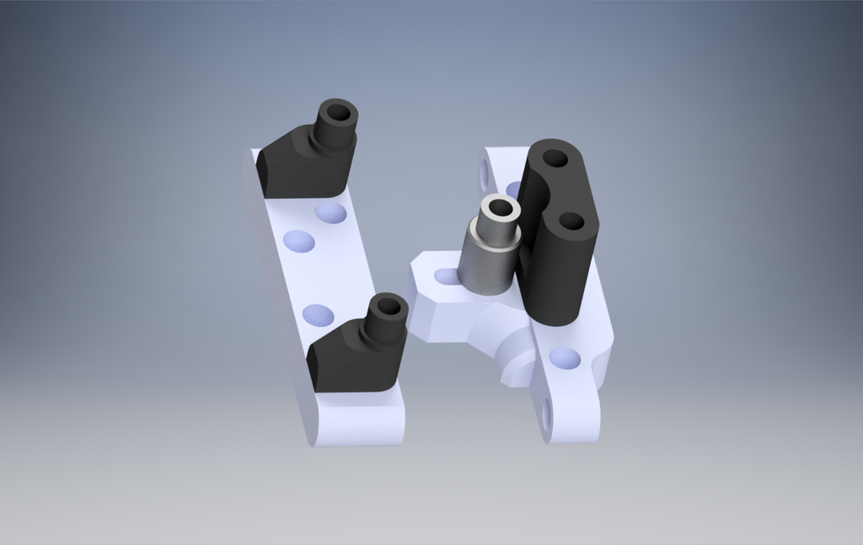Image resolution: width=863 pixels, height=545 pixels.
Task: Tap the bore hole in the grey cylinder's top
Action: [501, 206]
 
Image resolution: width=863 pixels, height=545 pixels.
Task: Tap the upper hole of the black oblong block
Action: [555, 158]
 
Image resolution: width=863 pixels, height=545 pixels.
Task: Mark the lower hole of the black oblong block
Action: [571, 222]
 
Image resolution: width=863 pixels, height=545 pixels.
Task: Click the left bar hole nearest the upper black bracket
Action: [330, 212]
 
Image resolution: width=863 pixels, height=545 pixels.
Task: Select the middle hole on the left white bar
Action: [299, 243]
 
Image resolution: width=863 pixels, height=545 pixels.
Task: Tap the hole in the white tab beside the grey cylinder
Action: [446, 275]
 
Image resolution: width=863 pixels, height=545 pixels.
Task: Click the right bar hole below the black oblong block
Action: [564, 359]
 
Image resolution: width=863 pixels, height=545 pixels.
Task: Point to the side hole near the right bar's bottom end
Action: [546, 414]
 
